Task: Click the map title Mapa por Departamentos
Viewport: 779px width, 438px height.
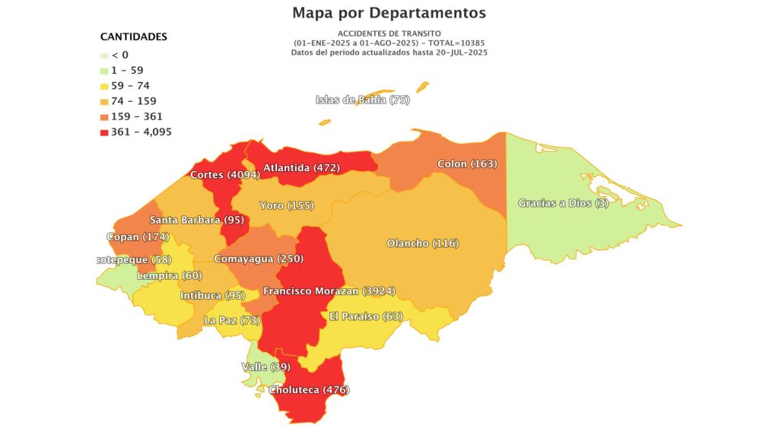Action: coord(389,14)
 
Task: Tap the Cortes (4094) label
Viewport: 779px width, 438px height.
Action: coord(225,175)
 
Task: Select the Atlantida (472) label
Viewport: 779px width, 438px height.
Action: coord(301,167)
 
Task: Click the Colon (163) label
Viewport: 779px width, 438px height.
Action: coord(466,164)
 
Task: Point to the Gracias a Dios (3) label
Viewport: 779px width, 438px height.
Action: coord(563,203)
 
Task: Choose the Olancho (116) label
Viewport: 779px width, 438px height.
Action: coord(422,243)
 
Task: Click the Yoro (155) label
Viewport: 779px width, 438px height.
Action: coord(286,206)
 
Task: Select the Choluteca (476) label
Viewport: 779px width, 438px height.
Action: coord(309,390)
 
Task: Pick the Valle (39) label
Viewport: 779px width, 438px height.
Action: coord(265,367)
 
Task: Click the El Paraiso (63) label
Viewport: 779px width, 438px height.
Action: coord(365,316)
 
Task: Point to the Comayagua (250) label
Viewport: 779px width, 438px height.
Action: coord(254,259)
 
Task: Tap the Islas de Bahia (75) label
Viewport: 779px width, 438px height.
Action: coord(362,100)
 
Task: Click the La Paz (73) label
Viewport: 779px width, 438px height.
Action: coord(232,321)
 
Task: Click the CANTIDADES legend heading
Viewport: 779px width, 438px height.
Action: coord(134,36)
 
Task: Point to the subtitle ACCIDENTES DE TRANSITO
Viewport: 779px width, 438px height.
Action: coord(389,35)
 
